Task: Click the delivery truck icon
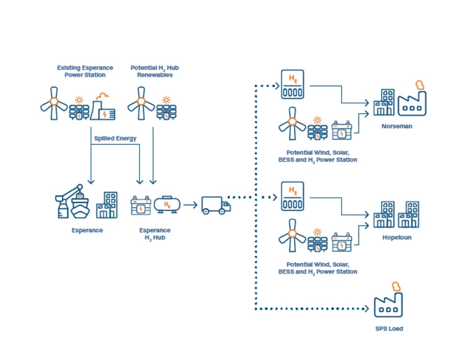216,205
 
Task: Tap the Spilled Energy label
115,139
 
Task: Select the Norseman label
397,127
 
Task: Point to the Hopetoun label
397,237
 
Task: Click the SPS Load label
389,328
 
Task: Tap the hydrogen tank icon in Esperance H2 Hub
167,205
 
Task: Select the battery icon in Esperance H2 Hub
141,205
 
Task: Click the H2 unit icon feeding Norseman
293,84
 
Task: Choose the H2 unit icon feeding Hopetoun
293,196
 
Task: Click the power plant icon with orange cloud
103,107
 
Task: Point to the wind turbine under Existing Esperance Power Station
54,103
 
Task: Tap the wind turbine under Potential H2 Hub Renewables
141,103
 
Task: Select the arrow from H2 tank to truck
191,205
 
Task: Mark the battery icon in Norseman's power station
342,130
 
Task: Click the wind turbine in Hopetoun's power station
292,236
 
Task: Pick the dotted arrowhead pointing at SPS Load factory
366,309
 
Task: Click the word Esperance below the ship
87,231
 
